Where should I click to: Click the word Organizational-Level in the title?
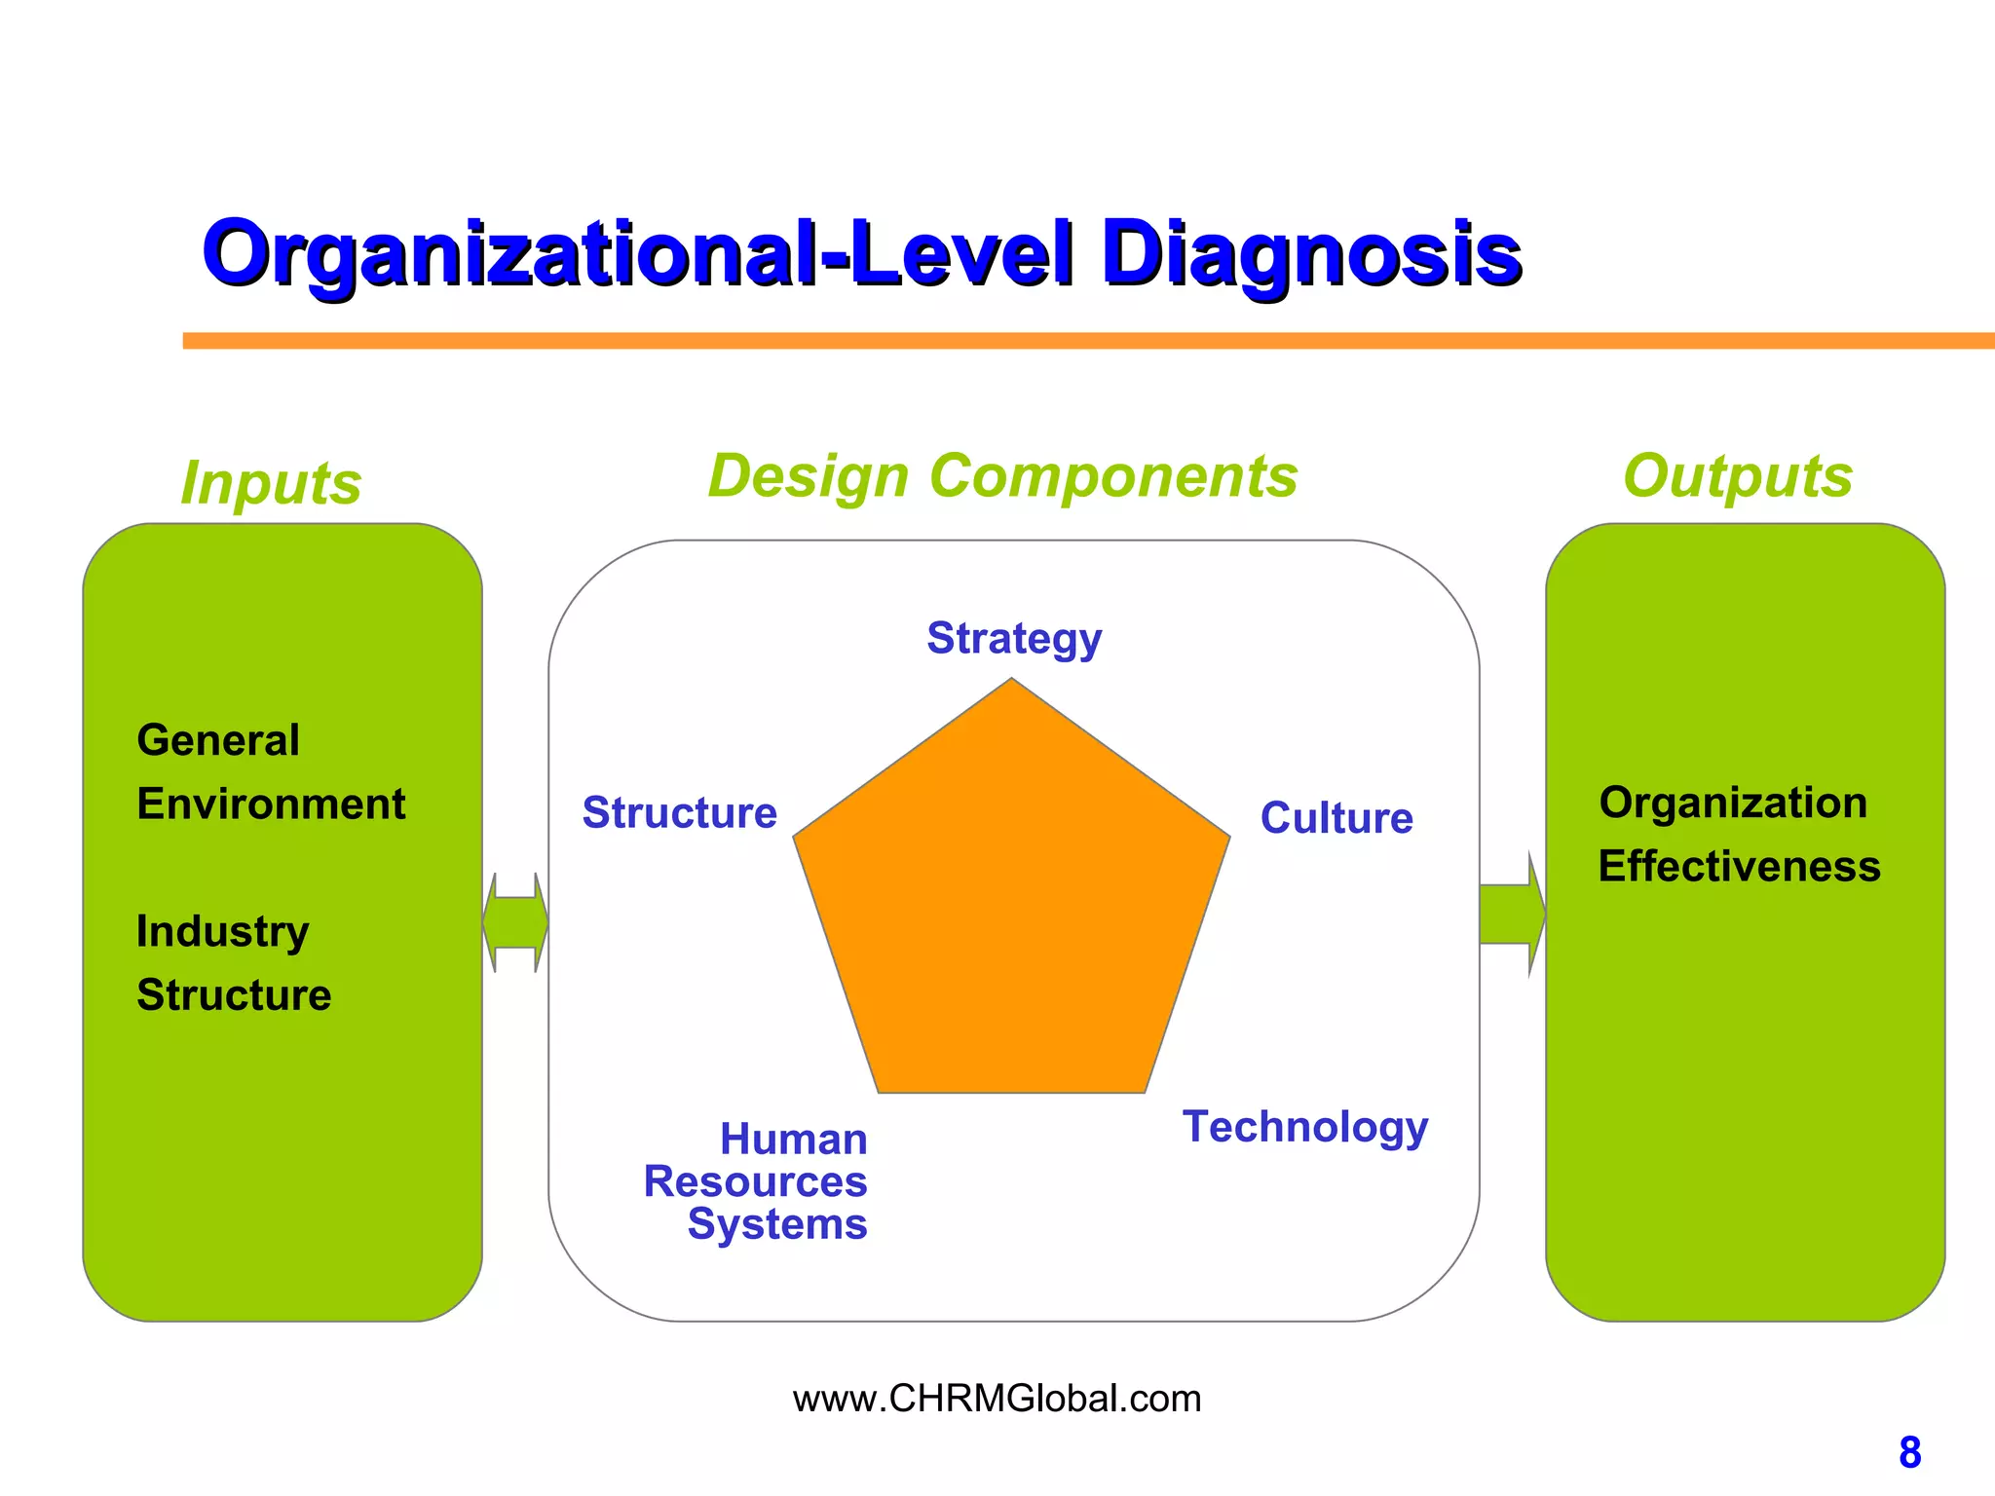[638, 253]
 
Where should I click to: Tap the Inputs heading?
[271, 483]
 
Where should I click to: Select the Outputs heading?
[1737, 477]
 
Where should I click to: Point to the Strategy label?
[1014, 639]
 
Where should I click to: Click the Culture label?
[1336, 818]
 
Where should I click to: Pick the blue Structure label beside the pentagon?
[679, 813]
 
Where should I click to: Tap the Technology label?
[1305, 1127]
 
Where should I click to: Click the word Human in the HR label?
[794, 1140]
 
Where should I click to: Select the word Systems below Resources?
[777, 1224]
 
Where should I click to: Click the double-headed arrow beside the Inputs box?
[515, 922]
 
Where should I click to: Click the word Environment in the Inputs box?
[271, 804]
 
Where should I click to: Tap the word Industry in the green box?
[222, 932]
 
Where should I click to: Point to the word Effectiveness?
[1739, 867]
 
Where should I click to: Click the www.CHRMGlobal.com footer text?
[997, 1399]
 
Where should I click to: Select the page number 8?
[1909, 1453]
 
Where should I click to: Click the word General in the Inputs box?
[218, 740]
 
